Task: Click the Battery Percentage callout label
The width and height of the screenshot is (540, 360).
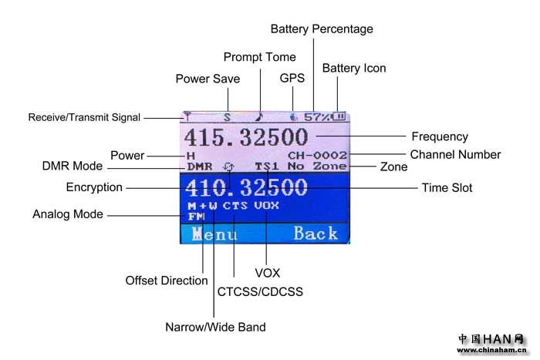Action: click(321, 29)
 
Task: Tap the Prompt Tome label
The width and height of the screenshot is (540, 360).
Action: click(259, 57)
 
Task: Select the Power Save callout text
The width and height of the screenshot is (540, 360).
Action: click(208, 79)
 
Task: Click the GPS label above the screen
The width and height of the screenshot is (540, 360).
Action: click(292, 78)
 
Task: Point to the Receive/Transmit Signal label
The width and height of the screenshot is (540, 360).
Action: click(84, 118)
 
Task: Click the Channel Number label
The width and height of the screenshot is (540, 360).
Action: click(455, 155)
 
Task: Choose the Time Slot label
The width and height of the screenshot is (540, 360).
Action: click(447, 187)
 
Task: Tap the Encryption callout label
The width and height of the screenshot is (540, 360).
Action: click(94, 187)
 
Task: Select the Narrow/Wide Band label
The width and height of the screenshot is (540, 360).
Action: click(215, 327)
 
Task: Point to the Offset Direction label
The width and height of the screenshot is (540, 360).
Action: click(167, 281)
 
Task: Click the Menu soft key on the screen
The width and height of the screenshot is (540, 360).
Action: click(214, 234)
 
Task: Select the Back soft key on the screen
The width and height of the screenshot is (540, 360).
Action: click(315, 234)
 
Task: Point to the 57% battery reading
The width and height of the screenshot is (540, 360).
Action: click(316, 117)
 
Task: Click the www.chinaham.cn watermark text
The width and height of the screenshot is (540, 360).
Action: click(491, 351)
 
